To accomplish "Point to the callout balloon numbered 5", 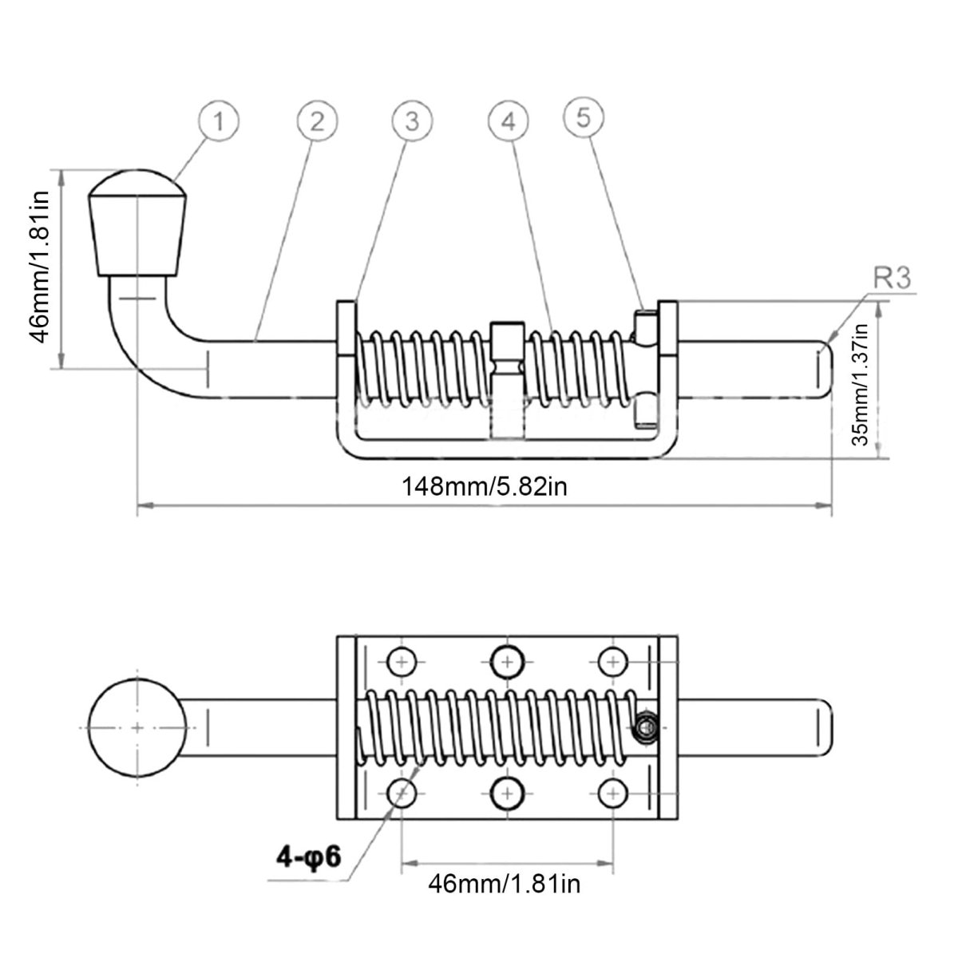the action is [x=584, y=118].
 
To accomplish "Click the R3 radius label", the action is [x=893, y=279].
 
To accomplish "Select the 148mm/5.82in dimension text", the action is [x=485, y=487].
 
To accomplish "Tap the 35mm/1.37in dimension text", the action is [x=860, y=385].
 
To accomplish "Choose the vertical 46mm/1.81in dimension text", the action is [x=40, y=267].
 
